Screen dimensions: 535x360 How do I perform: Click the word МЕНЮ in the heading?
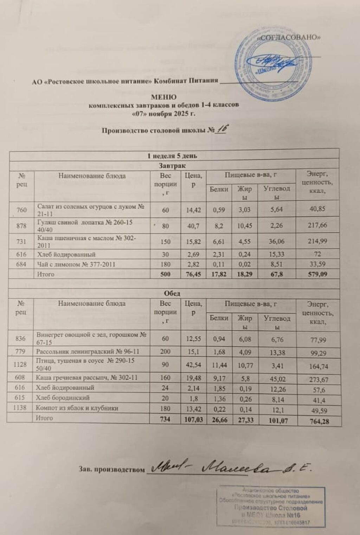[163, 97]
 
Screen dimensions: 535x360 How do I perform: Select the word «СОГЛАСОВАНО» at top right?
[289, 38]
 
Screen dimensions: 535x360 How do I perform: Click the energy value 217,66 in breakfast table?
[317, 225]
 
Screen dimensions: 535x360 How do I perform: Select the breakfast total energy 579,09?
[317, 274]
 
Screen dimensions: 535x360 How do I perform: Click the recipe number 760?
[21, 210]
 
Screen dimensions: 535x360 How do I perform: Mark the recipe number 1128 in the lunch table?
[20, 365]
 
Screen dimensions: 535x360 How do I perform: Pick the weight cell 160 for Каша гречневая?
[165, 378]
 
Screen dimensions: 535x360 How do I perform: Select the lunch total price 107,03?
[193, 419]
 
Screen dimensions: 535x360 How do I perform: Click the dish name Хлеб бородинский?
[63, 398]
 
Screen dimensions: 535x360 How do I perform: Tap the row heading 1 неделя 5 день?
[172, 156]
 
